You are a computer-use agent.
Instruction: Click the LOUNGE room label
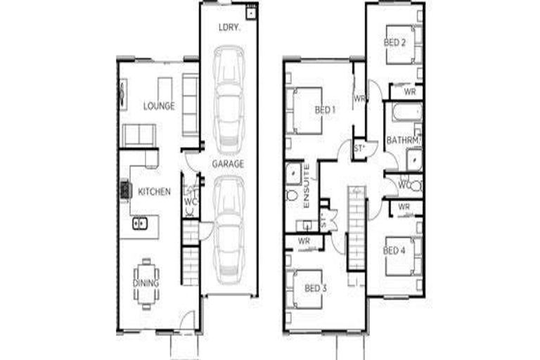click(x=159, y=106)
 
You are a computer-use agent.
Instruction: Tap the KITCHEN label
click(x=154, y=191)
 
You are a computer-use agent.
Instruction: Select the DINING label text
click(x=146, y=283)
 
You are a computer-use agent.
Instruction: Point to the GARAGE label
click(x=229, y=164)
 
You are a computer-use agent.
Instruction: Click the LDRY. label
click(x=228, y=27)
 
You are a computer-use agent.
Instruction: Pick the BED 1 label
click(x=325, y=110)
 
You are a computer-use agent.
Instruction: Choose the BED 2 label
click(x=394, y=42)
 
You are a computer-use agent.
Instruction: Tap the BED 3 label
click(x=316, y=288)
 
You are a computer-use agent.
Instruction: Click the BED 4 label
click(x=394, y=250)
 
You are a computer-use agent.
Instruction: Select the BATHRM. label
click(x=403, y=141)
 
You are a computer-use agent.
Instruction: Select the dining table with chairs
click(x=146, y=283)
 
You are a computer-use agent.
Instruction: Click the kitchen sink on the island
click(x=140, y=224)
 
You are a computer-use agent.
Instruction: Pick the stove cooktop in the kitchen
click(x=125, y=190)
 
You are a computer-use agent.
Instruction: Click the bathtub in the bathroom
click(x=406, y=112)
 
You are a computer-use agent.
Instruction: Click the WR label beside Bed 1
click(x=359, y=98)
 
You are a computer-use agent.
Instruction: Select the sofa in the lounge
click(x=139, y=134)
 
